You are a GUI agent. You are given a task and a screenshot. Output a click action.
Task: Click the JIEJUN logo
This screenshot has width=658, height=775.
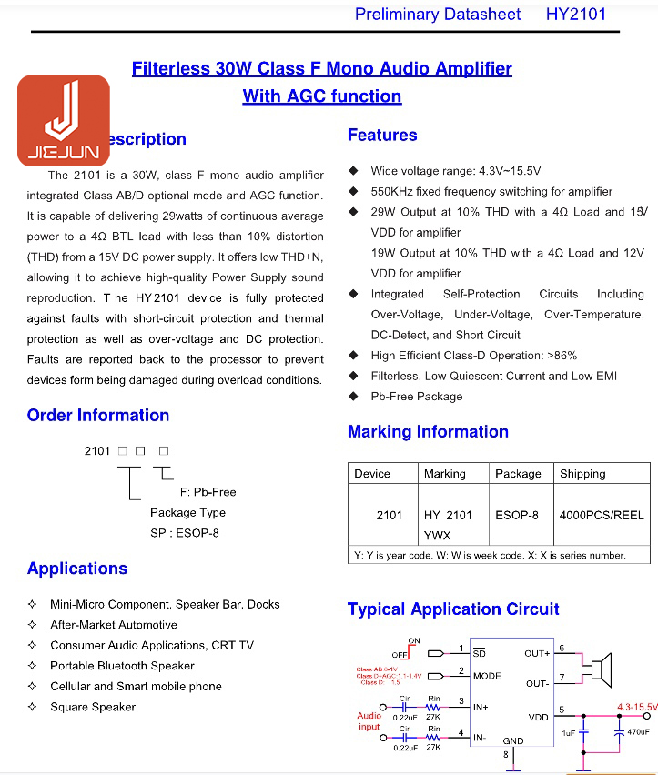coord(64,120)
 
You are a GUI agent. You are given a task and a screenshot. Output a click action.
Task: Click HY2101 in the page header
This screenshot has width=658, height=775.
coord(575,14)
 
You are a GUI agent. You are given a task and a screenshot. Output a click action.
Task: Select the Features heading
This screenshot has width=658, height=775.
coord(382,136)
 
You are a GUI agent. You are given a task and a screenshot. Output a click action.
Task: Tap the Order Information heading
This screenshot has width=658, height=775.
coord(98,416)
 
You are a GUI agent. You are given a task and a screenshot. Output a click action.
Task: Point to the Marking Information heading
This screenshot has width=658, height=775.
coord(428,432)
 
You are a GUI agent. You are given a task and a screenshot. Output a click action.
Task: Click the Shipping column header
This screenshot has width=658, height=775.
coord(582,474)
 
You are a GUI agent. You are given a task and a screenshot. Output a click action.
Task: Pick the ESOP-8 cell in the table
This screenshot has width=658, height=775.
coord(517,515)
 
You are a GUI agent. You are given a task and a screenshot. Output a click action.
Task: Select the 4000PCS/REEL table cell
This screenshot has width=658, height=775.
coord(602,515)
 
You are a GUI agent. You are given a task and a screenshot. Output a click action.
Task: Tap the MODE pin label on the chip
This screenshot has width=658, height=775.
coord(487,676)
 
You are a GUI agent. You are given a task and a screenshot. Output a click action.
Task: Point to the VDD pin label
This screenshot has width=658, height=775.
coord(539,718)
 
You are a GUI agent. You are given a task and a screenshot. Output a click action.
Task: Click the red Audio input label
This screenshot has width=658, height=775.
coord(369,721)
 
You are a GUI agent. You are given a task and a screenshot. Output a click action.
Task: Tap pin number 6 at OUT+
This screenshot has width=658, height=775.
coord(562,648)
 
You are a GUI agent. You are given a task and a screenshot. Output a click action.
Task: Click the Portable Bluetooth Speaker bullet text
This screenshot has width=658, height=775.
coord(122,666)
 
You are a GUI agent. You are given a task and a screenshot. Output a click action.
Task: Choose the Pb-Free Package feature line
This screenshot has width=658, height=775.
coord(417,397)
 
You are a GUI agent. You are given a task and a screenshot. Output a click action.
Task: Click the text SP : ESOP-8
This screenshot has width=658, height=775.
coord(185,533)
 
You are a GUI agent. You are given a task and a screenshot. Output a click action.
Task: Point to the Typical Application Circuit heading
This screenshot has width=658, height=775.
coord(453,609)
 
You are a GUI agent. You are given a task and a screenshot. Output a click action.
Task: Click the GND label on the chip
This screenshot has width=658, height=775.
coord(513,740)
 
